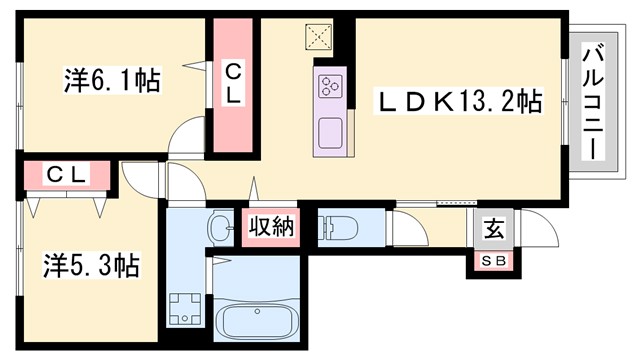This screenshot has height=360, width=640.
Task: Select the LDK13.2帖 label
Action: click(458, 101)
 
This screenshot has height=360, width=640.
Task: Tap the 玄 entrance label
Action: click(494, 228)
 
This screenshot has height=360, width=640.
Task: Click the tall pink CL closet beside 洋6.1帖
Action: click(232, 86)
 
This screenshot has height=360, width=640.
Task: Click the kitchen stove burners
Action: click(331, 87)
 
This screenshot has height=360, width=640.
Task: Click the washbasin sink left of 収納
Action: click(219, 228)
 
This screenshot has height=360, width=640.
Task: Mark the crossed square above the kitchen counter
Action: click(321, 37)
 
